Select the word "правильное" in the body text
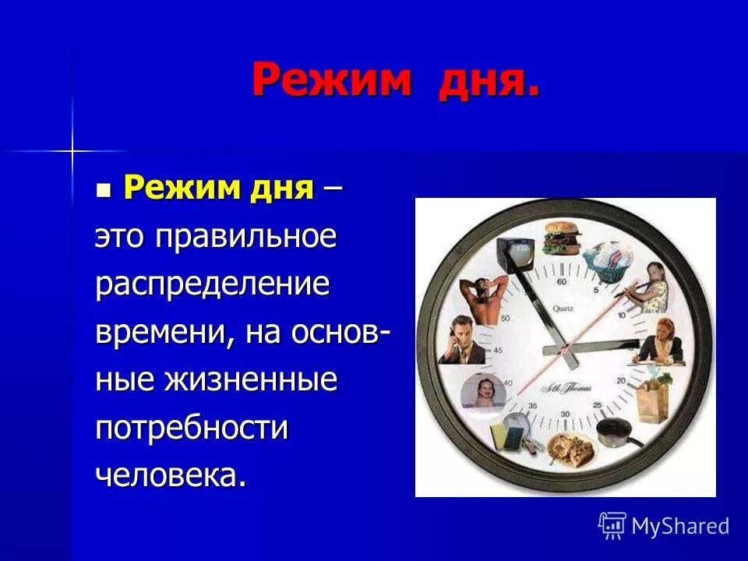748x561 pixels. [246, 237]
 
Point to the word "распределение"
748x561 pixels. [213, 284]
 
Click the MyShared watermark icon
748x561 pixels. [612, 526]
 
